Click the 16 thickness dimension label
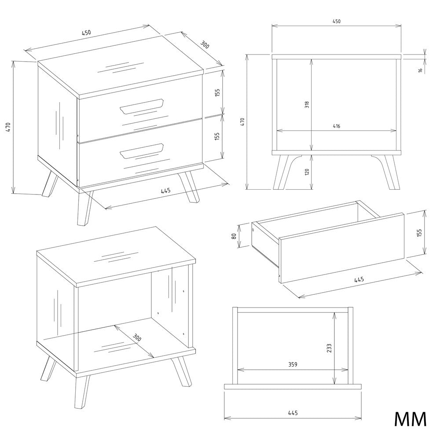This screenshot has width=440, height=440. pos(420,70)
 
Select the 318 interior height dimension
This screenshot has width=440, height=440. pos(307,104)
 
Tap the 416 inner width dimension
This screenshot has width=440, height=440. pos(337,126)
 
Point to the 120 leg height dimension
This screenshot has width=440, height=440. pos(307,172)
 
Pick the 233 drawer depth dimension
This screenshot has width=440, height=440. pos(329,348)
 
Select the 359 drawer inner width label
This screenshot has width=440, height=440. pos(293,364)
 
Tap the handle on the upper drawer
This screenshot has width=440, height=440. pos(142,106)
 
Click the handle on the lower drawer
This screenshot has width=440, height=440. pos(142,151)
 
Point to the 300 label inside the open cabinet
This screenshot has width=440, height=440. pos(137,338)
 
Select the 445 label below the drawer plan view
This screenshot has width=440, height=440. pos(293,413)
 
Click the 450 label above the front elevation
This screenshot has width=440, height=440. pos(337,21)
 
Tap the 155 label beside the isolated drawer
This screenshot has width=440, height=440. pos(419,233)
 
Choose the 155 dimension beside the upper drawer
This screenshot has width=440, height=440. pos(217,92)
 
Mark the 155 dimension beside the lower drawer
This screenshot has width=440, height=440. pos(217,136)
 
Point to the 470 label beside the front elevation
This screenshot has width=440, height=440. pos(243,121)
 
